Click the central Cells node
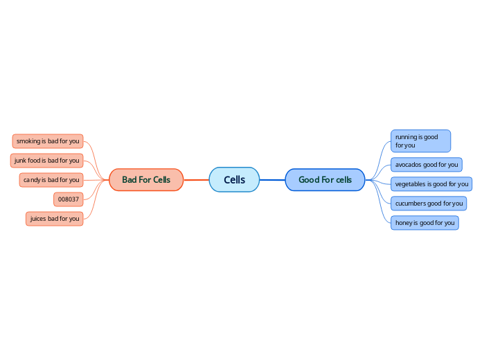click(x=234, y=180)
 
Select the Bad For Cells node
click(x=146, y=180)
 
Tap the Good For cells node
click(x=325, y=180)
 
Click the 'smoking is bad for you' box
click(x=48, y=141)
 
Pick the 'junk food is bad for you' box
click(x=46, y=161)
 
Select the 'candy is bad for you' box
click(x=51, y=180)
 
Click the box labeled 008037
click(x=68, y=199)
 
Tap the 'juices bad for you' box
click(x=54, y=219)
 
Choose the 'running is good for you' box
click(x=420, y=141)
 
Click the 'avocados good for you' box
click(x=426, y=165)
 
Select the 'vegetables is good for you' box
click(x=431, y=184)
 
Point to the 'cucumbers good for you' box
click(x=428, y=204)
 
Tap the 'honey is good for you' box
click(x=425, y=223)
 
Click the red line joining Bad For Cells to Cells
click(x=196, y=180)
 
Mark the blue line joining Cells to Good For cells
click(x=272, y=180)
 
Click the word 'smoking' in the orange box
click(x=28, y=141)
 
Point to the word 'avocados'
click(x=408, y=165)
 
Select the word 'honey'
click(x=404, y=223)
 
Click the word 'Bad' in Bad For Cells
click(x=130, y=180)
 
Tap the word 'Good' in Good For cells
click(x=309, y=180)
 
